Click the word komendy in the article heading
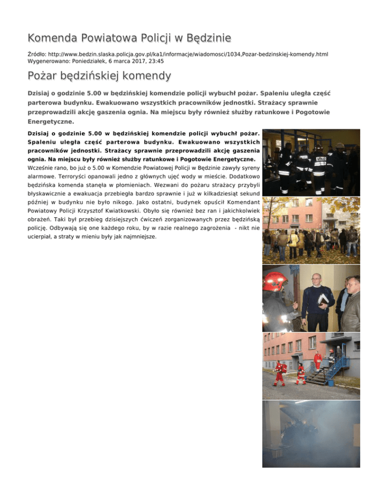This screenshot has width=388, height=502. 147,77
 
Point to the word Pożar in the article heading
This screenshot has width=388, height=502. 43,77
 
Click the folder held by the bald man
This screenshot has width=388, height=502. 323,301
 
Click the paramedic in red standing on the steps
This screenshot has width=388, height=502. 317,361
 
